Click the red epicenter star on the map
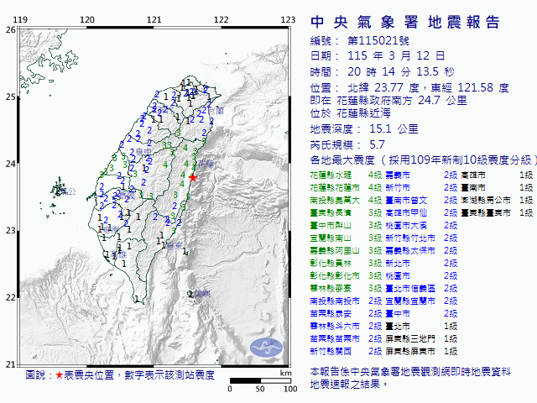(x=193, y=178)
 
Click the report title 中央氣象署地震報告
(x=405, y=22)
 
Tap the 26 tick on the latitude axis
(x=9, y=29)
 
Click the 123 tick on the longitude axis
(x=288, y=18)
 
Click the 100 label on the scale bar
(x=289, y=389)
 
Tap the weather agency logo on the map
(x=268, y=347)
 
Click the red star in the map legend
(x=60, y=375)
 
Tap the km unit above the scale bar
(x=285, y=372)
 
